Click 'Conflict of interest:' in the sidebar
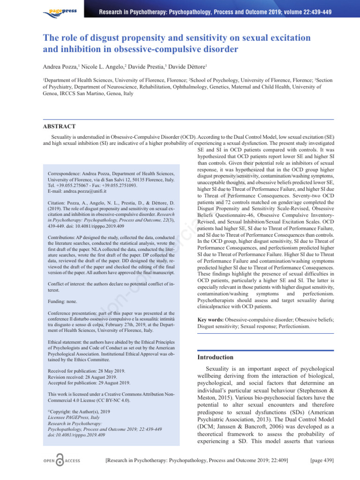[71, 284]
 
